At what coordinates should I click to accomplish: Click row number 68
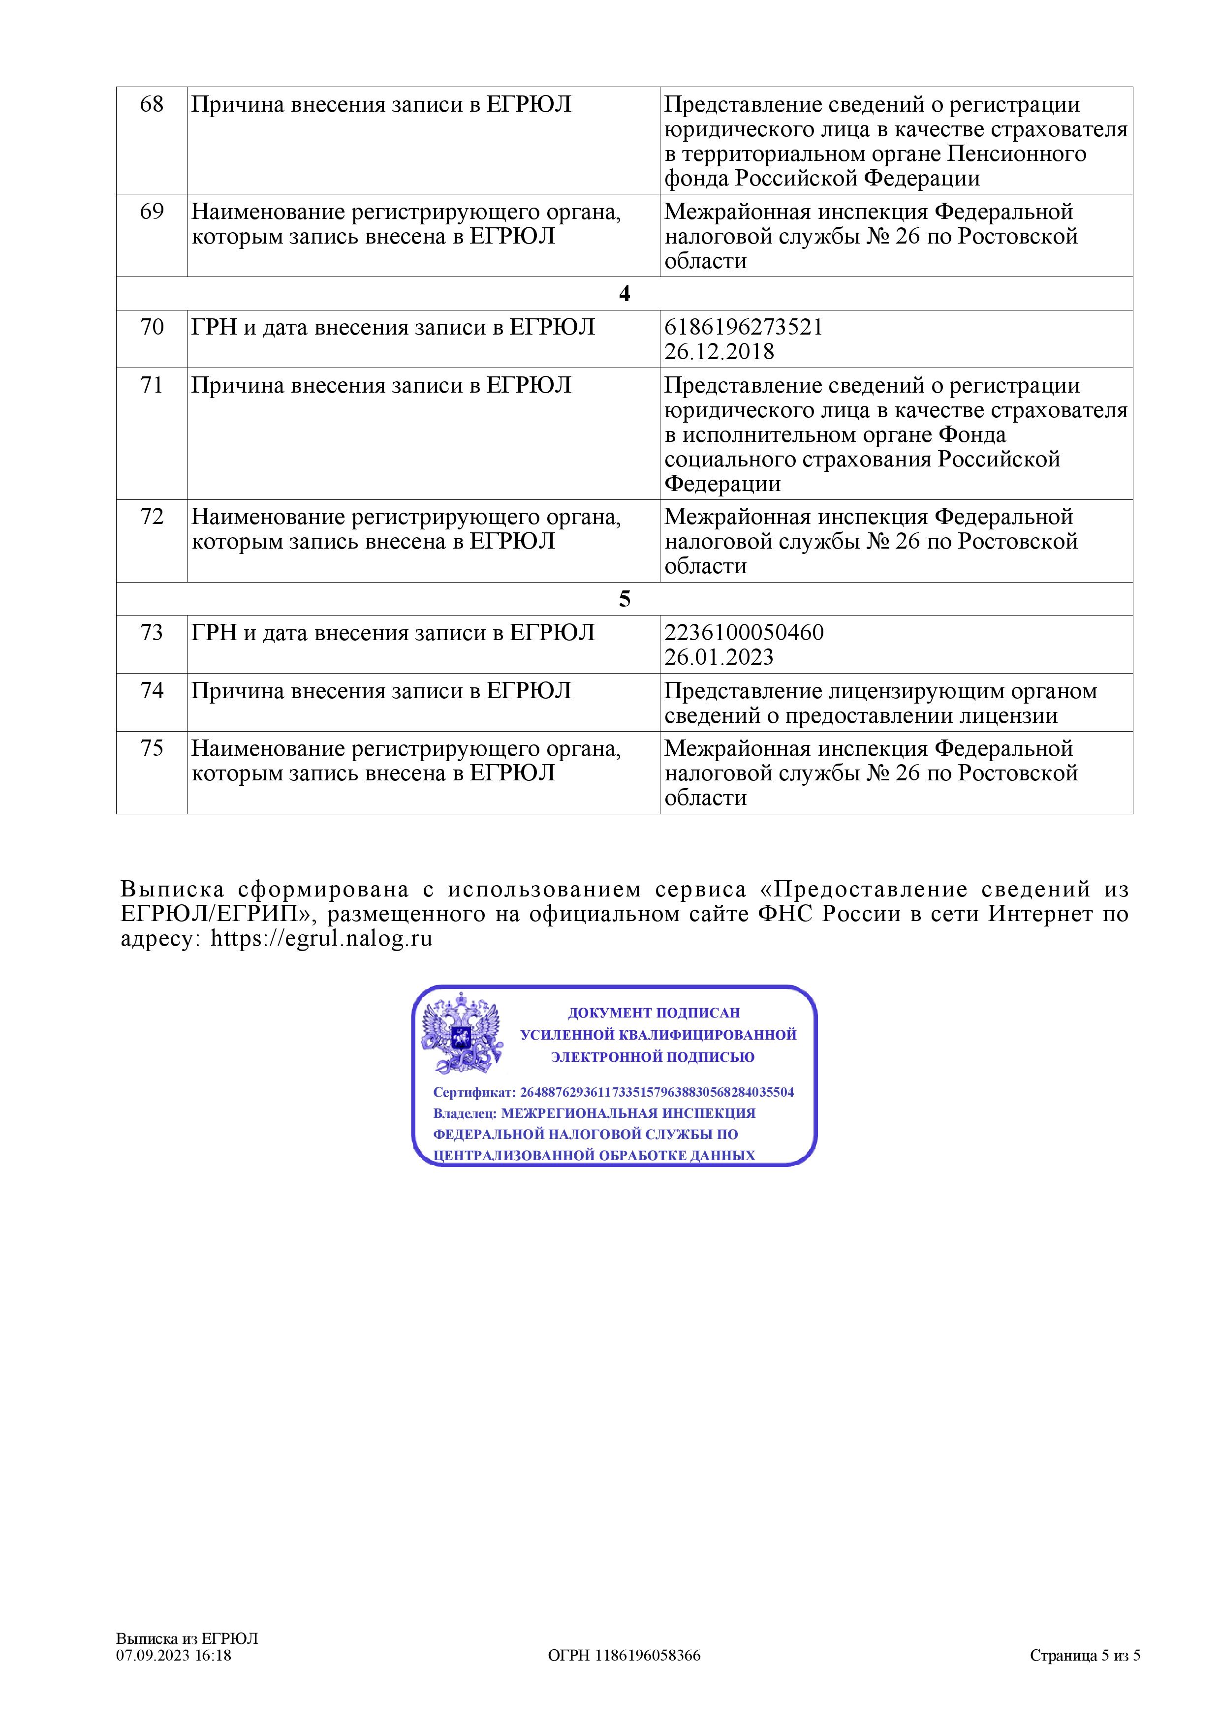152,104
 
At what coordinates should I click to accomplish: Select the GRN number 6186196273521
744,327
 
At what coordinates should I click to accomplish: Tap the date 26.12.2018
719,352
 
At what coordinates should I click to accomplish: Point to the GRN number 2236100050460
744,632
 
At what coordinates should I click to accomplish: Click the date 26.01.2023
719,657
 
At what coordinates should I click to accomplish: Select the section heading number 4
624,294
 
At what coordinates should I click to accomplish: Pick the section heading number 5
624,599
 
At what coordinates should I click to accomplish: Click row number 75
152,749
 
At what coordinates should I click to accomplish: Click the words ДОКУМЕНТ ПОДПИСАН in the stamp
653,1013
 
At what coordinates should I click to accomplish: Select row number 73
152,633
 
